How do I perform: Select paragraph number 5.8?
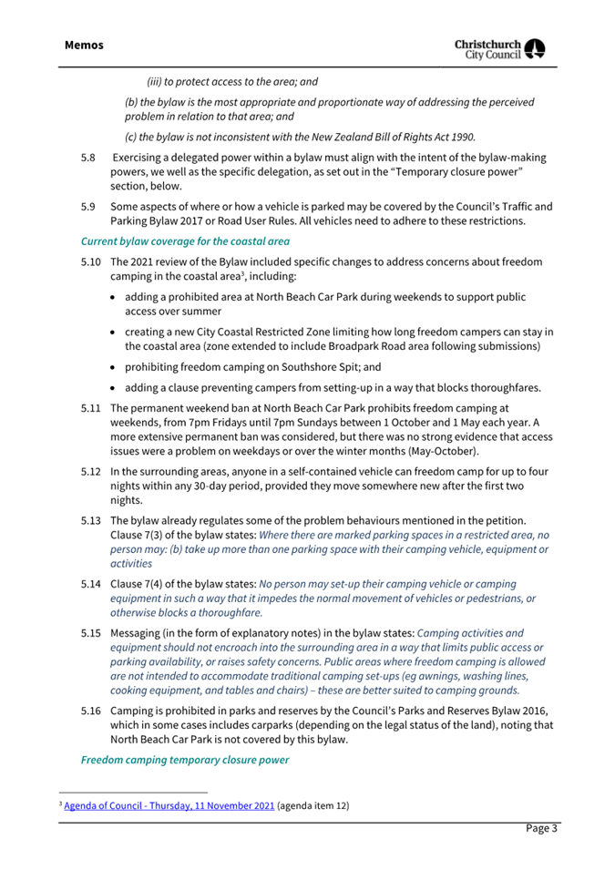88,158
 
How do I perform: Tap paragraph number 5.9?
88,207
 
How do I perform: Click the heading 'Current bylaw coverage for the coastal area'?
185,241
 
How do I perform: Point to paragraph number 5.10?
91,262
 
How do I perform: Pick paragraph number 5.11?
91,409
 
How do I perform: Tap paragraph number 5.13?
91,519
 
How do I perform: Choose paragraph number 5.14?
91,583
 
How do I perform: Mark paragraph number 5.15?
91,631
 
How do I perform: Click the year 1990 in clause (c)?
460,137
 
